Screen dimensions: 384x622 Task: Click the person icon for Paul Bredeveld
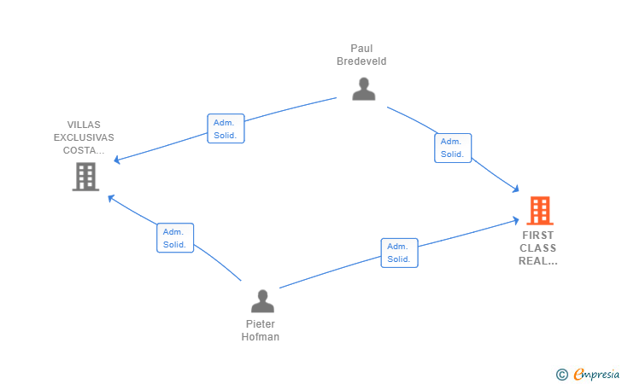tap(364, 89)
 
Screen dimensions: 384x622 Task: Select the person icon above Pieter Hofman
tap(262, 300)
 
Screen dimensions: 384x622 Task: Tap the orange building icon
tap(539, 210)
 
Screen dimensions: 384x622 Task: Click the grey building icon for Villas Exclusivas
tap(85, 177)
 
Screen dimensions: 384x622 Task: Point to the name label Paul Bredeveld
tap(361, 55)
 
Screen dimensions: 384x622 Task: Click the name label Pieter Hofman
tap(261, 330)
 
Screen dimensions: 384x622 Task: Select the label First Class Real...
tap(538, 248)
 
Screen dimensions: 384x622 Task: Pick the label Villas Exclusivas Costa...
tap(84, 137)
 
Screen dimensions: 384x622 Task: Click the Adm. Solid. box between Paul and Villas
tap(226, 129)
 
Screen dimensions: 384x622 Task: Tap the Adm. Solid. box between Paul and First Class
tap(452, 148)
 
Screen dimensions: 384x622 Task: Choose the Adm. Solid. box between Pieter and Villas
tap(175, 238)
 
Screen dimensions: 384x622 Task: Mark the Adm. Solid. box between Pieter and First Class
tap(399, 253)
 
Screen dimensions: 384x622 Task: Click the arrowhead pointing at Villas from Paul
tap(119, 160)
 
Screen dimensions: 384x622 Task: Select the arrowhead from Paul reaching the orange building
tap(516, 189)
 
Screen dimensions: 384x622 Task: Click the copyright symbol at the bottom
tap(561, 374)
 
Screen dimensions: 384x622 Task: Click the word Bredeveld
tap(361, 61)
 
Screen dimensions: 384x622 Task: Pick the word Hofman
tap(261, 337)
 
